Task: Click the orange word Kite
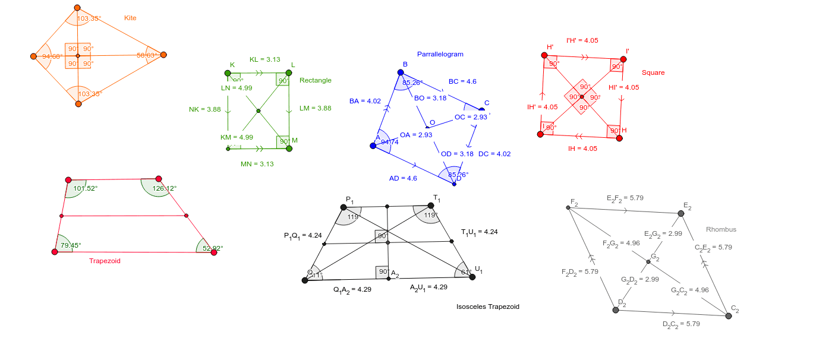tap(130, 18)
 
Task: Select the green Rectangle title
tap(316, 80)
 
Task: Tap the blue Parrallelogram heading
tap(440, 54)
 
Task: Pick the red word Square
tap(653, 72)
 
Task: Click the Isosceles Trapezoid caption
tap(488, 307)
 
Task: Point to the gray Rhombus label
tap(721, 229)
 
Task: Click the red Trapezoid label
tap(105, 261)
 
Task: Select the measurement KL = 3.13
tap(264, 59)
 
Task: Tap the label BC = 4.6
tap(462, 81)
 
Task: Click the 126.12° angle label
tap(165, 188)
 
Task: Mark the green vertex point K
tap(228, 73)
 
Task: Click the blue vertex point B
tap(401, 72)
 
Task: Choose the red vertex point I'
tap(623, 59)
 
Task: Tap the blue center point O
tap(427, 126)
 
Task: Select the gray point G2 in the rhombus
tap(648, 261)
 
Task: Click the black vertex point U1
tap(472, 276)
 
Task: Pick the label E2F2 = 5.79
tap(625, 198)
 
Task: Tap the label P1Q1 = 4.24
tap(302, 236)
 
